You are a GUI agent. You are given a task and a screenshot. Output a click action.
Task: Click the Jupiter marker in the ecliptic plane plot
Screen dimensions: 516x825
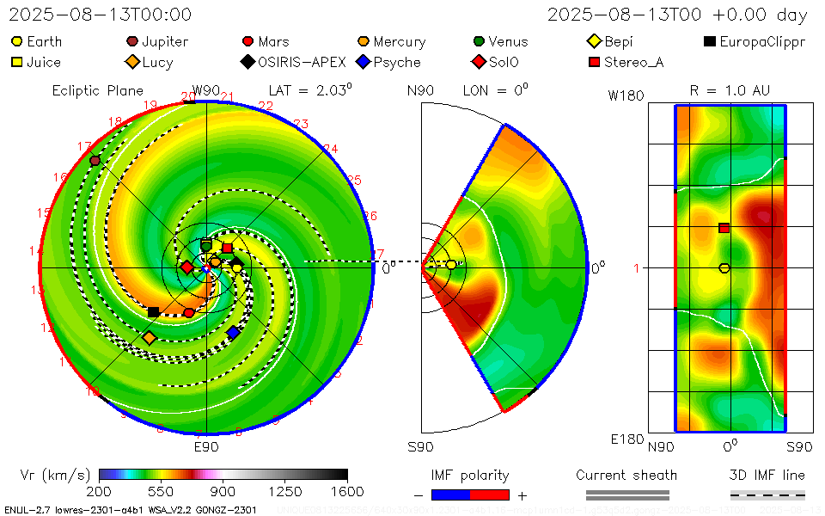pos(95,161)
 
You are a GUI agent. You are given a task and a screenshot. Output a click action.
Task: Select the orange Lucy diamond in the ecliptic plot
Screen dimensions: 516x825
pos(150,338)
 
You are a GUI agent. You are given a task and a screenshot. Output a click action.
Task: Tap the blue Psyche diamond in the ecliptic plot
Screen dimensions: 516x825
pos(233,332)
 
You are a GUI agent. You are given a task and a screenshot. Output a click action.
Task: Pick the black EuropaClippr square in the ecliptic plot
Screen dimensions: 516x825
pos(153,312)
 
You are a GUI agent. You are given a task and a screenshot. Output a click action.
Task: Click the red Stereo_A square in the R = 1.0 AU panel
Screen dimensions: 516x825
pos(724,228)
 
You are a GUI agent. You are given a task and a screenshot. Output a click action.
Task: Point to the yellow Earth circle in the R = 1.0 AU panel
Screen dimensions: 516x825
pos(724,268)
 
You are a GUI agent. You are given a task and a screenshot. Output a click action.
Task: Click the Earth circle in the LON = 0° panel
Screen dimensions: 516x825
pos(451,265)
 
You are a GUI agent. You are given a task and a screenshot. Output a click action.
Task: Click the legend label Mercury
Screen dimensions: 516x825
pos(399,41)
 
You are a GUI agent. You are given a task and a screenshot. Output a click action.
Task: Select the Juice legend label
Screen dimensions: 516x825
pos(43,62)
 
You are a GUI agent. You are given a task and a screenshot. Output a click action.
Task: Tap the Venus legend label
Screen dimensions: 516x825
pos(508,41)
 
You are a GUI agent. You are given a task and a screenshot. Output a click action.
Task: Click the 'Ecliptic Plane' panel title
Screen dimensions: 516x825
pos(97,90)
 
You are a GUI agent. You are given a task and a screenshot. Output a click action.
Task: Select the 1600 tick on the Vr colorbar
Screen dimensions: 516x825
pos(347,491)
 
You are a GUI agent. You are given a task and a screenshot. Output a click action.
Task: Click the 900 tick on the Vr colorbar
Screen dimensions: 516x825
pos(223,491)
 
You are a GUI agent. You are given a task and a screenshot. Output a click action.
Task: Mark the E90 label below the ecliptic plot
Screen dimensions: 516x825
pos(206,447)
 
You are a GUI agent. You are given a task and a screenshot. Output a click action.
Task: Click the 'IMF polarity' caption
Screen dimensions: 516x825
pos(470,475)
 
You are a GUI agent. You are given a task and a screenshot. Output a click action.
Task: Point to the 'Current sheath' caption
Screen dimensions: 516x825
pos(626,475)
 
